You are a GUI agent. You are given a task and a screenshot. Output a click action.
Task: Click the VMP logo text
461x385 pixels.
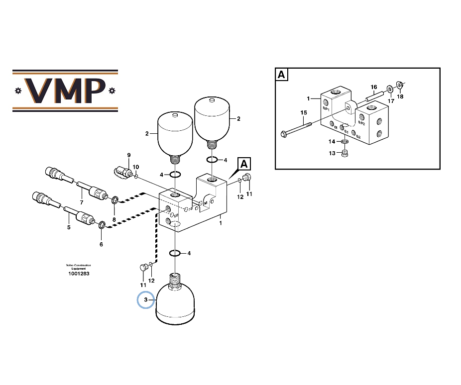(65, 90)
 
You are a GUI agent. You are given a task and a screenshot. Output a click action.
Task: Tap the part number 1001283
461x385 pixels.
(79, 274)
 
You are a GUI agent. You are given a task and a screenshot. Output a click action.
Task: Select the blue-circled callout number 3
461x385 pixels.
(146, 300)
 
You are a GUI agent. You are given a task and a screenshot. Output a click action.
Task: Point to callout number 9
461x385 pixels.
(128, 155)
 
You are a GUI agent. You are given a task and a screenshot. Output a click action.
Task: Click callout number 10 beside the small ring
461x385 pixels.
(135, 167)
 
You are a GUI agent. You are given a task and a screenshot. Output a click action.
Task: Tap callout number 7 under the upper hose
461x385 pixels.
(81, 202)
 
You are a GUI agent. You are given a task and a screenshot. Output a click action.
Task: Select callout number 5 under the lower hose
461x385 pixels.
(69, 227)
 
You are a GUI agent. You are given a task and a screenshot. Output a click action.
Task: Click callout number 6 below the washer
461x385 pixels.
(101, 244)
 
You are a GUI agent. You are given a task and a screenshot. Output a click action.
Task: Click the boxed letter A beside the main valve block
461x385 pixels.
(244, 164)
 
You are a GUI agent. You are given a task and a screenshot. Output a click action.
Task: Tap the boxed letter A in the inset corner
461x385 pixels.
(282, 75)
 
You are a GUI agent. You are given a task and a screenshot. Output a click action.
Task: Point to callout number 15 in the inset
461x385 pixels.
(304, 113)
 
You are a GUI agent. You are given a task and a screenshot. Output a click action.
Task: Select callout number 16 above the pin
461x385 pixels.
(374, 88)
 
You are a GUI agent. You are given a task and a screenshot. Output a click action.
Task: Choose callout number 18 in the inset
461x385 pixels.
(400, 96)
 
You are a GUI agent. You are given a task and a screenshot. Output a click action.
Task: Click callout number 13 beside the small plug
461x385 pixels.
(332, 153)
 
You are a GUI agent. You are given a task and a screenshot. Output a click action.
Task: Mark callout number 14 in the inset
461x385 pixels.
(332, 142)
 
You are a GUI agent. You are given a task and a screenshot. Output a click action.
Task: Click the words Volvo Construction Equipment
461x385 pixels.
(79, 267)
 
